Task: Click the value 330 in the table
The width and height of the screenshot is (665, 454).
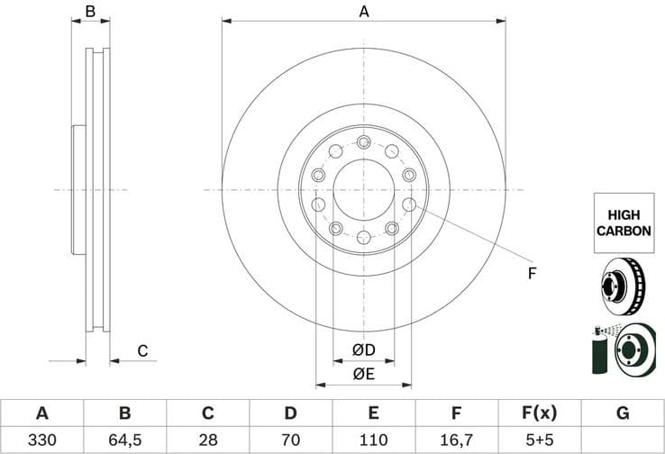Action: click(41, 440)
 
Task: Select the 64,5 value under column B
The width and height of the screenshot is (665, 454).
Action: click(124, 440)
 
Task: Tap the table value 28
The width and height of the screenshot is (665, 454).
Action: click(207, 440)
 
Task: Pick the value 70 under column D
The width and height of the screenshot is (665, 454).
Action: click(290, 440)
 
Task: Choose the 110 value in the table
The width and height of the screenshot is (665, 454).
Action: click(373, 440)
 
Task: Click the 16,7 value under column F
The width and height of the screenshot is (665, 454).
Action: click(456, 440)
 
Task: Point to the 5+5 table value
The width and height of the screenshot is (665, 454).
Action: click(539, 440)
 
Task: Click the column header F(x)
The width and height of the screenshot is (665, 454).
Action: click(539, 413)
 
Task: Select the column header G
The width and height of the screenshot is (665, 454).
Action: click(622, 413)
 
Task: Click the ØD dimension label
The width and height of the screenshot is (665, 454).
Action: click(363, 349)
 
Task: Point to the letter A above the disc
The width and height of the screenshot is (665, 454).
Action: click(364, 12)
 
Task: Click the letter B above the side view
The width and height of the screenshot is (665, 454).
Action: click(90, 12)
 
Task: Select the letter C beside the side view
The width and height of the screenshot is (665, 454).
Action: click(142, 350)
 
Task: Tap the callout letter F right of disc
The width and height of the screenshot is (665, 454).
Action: click(532, 272)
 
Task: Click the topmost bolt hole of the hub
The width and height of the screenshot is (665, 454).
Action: click(363, 142)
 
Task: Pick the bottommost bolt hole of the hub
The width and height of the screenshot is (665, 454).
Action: click(363, 237)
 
